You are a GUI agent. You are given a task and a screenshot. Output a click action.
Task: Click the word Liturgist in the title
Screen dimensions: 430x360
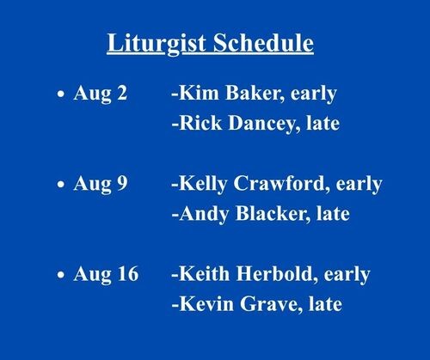(x=157, y=44)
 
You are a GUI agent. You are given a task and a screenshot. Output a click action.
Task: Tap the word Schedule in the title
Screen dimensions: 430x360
(x=263, y=42)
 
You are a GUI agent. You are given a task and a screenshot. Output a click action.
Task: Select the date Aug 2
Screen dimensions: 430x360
(x=100, y=95)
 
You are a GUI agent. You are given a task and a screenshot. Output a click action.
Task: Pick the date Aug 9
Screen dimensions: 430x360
(x=101, y=185)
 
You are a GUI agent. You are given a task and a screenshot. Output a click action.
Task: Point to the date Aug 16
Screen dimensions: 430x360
(x=106, y=275)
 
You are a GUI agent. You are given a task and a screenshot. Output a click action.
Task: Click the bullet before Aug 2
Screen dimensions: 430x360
(x=61, y=94)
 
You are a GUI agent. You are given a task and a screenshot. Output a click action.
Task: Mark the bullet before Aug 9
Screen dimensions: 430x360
(x=61, y=184)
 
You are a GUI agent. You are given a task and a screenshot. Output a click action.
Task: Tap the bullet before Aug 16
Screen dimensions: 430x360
(x=61, y=275)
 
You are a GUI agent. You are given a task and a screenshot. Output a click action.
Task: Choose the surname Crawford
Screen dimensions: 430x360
(x=281, y=184)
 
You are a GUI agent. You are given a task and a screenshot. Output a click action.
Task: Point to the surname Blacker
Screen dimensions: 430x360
(x=273, y=214)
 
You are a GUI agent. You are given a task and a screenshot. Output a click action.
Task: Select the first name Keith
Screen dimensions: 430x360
(x=204, y=273)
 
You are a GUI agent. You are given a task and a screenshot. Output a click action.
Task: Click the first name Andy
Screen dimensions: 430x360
(x=204, y=215)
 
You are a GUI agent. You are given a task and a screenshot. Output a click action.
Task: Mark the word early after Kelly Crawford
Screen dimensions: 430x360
(x=359, y=185)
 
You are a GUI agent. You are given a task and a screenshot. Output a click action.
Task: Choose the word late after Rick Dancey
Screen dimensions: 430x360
(x=323, y=123)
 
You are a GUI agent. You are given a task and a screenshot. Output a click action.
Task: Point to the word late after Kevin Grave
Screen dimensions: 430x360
(x=325, y=303)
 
